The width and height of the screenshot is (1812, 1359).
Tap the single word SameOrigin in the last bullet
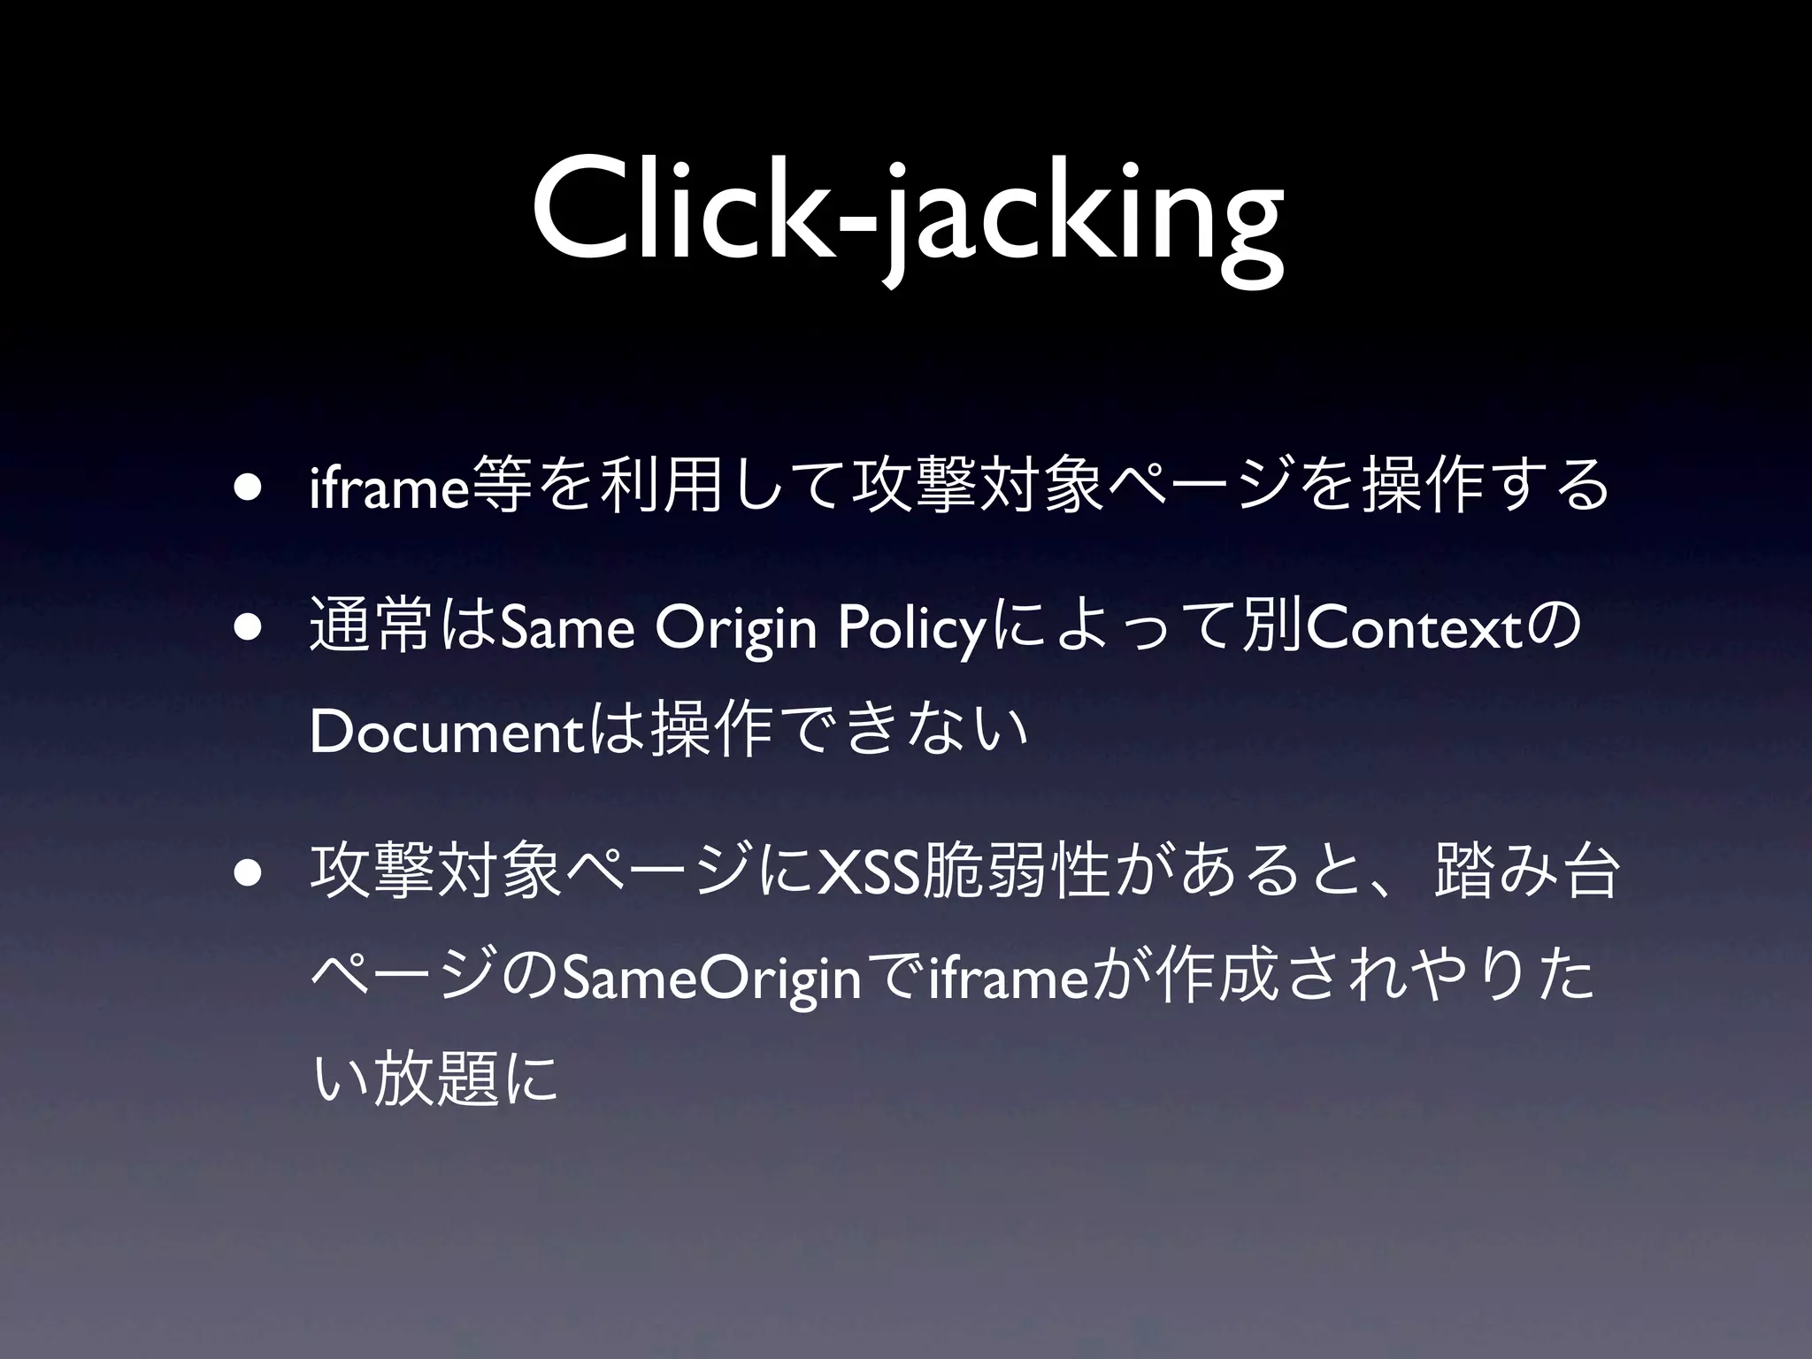pos(711,979)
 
